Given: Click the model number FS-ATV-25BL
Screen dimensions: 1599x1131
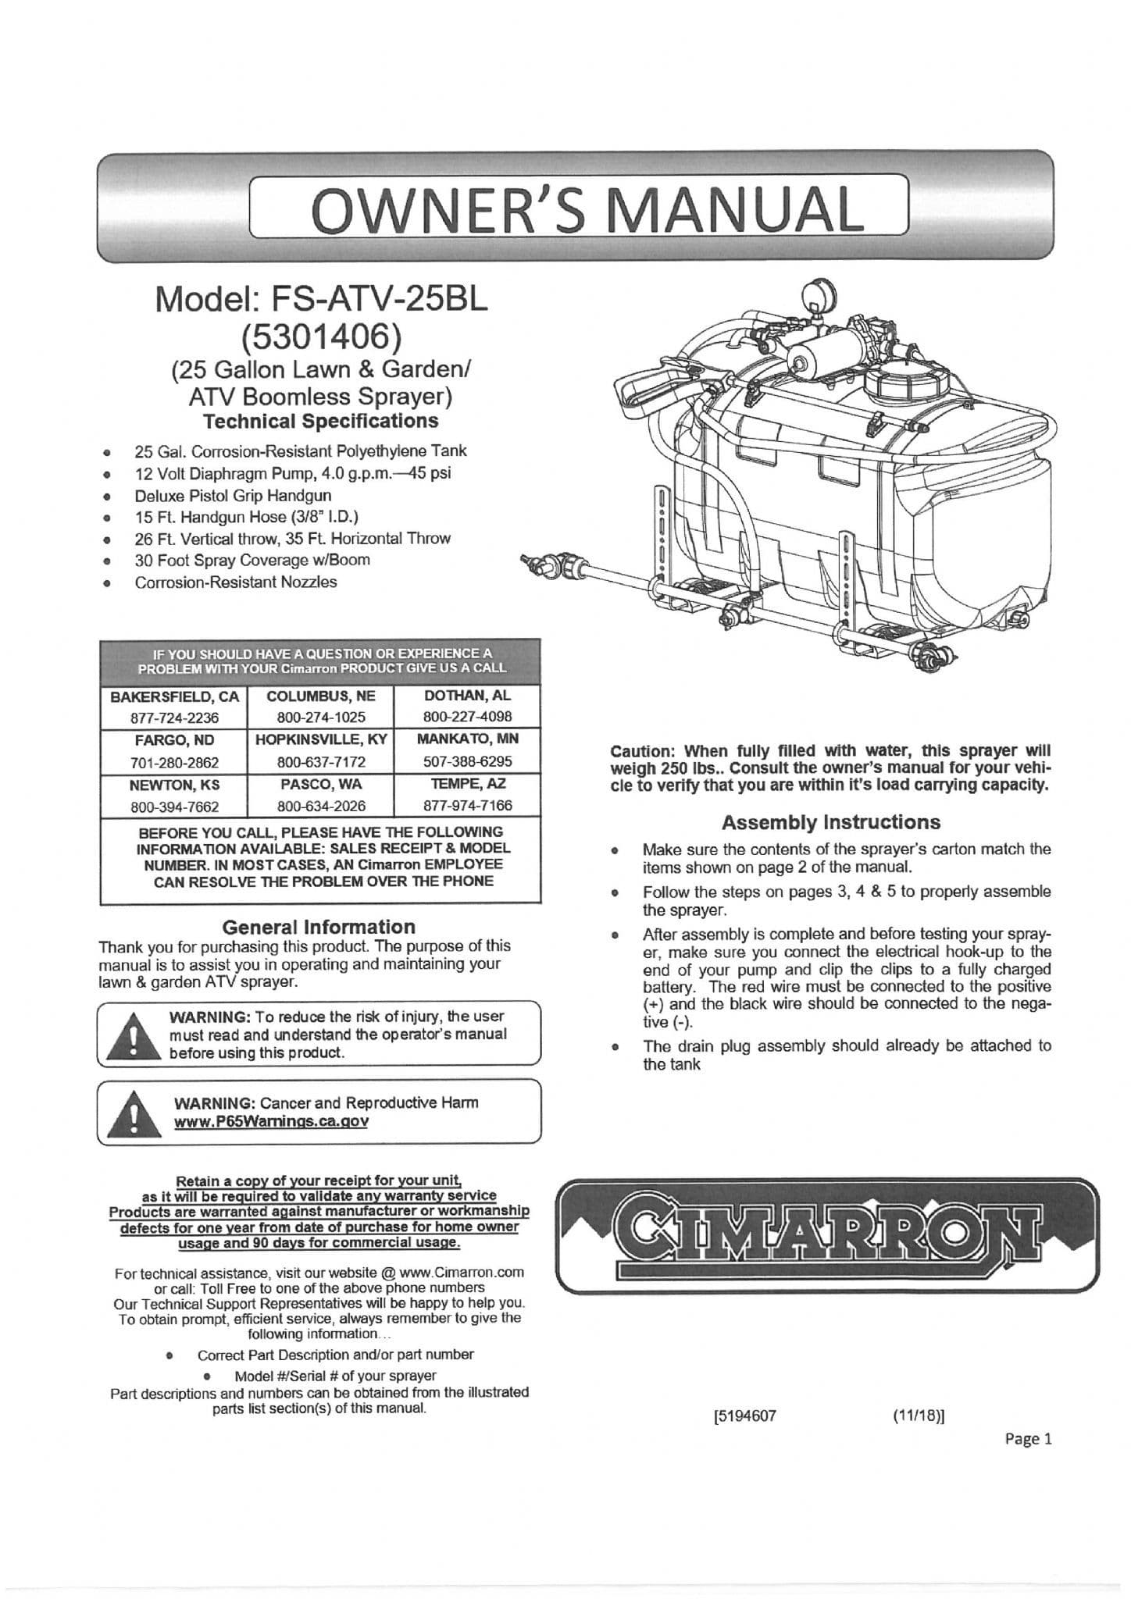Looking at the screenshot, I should [x=321, y=300].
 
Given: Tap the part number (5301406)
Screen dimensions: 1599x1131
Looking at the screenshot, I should [x=321, y=336].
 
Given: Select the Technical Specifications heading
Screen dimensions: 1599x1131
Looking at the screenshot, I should [x=320, y=422].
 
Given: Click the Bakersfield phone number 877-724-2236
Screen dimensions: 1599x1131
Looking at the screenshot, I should [x=174, y=718].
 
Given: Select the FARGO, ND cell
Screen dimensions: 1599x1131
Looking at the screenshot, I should [x=173, y=740].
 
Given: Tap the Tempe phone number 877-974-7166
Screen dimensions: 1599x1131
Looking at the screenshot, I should [x=467, y=806].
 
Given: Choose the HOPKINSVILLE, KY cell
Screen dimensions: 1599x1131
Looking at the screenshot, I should [x=321, y=739].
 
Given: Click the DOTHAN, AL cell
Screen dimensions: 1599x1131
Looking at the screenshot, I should [x=467, y=696].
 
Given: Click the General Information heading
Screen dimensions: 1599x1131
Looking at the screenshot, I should [x=319, y=927].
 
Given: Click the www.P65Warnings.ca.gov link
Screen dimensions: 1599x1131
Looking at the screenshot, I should [x=271, y=1121].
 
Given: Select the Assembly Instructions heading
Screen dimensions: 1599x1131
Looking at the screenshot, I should [x=830, y=822].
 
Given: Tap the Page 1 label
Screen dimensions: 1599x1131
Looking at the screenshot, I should [x=1029, y=1439].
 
